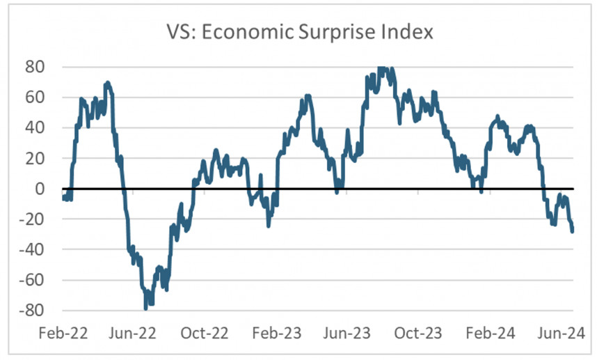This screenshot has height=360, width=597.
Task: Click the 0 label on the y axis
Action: (40, 189)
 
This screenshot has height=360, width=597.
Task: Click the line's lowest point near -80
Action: (146, 307)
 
